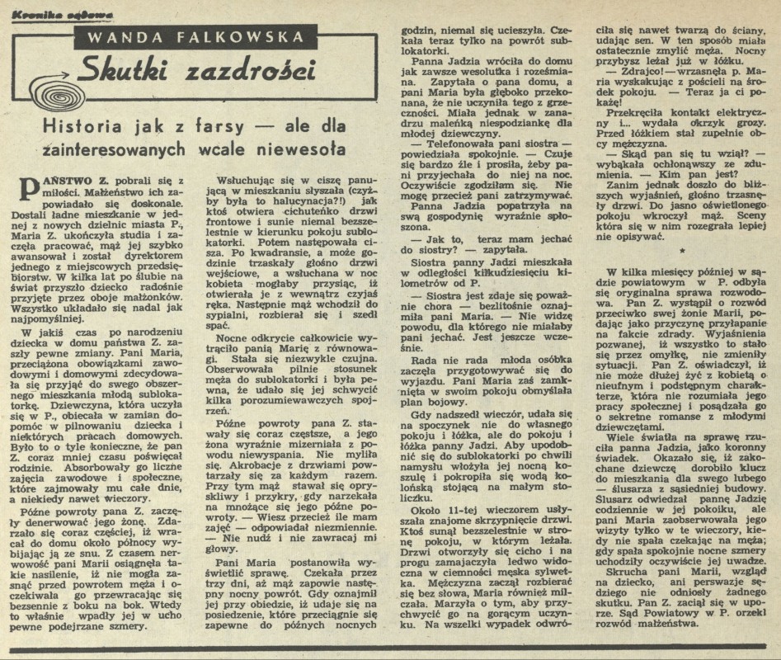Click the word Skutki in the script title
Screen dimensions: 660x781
click(x=137, y=71)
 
